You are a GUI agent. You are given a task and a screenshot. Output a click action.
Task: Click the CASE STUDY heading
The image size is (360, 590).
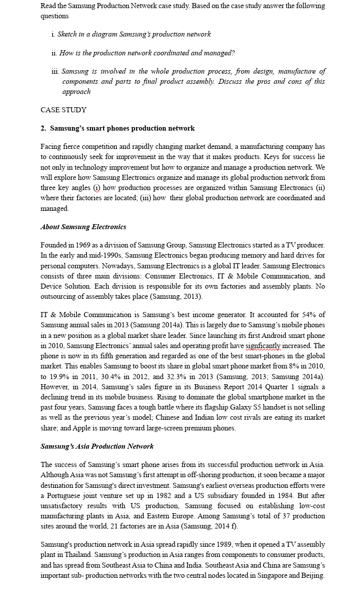pyautogui.click(x=63, y=110)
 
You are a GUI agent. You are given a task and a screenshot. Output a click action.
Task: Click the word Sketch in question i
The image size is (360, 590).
pyautogui.click(x=68, y=34)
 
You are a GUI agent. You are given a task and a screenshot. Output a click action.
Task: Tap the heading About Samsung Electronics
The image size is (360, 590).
pyautogui.click(x=83, y=227)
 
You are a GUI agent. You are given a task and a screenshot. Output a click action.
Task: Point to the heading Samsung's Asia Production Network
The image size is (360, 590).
pyautogui.click(x=97, y=446)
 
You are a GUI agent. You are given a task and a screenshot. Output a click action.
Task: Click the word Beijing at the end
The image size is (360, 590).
pyautogui.click(x=311, y=575)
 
